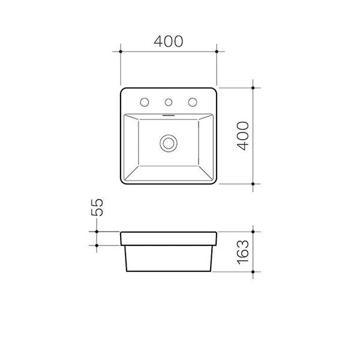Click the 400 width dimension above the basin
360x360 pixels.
click(x=169, y=41)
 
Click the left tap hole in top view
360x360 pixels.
click(x=145, y=101)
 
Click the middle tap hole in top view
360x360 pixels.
click(x=169, y=101)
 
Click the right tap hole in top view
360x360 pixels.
click(x=193, y=101)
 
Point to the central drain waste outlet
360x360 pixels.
click(x=169, y=143)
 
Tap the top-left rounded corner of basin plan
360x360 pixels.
click(x=123, y=90)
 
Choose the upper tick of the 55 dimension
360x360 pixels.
click(x=96, y=231)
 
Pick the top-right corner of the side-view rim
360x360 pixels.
click(x=217, y=232)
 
